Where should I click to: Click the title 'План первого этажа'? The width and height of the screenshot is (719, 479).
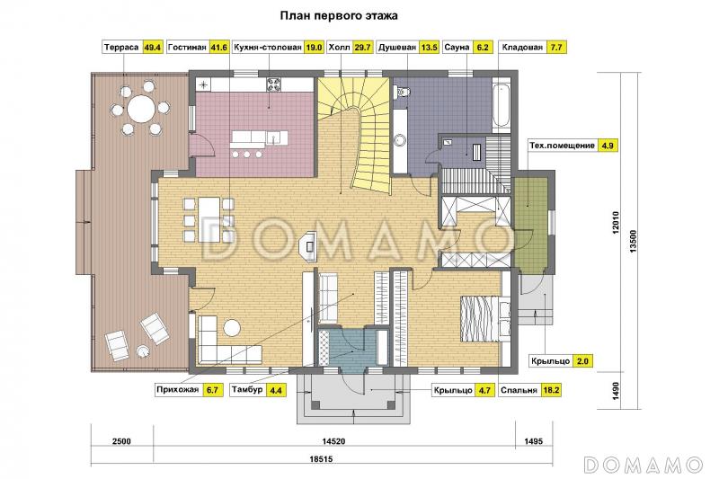[x=339, y=16]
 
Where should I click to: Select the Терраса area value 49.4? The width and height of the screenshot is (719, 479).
[x=153, y=48]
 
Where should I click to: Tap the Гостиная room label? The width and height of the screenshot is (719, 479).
[x=187, y=48]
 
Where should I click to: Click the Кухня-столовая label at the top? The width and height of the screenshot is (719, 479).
[x=267, y=48]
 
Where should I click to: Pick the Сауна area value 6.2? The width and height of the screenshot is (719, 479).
[x=483, y=48]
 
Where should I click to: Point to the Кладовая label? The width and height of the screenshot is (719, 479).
[x=522, y=48]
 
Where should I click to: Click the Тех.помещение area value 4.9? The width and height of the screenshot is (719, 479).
[x=608, y=146]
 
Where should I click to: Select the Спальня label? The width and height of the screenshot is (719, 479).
[x=519, y=390]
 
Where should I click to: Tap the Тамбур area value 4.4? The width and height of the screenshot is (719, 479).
[x=276, y=390]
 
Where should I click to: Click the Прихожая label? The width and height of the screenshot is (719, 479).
[x=177, y=390]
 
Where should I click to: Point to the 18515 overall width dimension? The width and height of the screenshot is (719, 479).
[x=321, y=458]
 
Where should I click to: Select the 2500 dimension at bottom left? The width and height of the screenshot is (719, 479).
[x=121, y=441]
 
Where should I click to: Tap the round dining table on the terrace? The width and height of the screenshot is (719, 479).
[x=141, y=109]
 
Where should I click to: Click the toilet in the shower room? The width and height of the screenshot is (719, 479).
[x=403, y=91]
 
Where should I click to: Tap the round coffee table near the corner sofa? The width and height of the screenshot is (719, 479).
[x=232, y=328]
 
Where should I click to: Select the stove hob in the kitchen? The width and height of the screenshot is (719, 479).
[x=274, y=84]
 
